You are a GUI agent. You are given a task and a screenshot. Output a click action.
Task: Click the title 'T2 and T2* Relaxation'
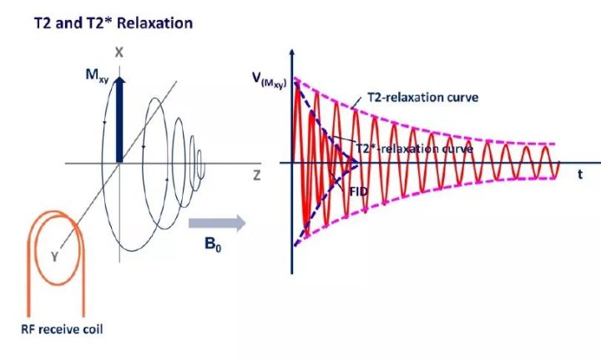click(x=112, y=23)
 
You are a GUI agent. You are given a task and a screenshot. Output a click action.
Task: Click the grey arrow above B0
click(x=215, y=223)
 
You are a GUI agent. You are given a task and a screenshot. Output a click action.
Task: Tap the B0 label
click(x=215, y=247)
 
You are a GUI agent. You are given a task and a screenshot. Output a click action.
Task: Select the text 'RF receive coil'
click(x=63, y=328)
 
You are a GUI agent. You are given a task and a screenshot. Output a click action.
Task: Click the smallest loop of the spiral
click(x=200, y=157)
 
